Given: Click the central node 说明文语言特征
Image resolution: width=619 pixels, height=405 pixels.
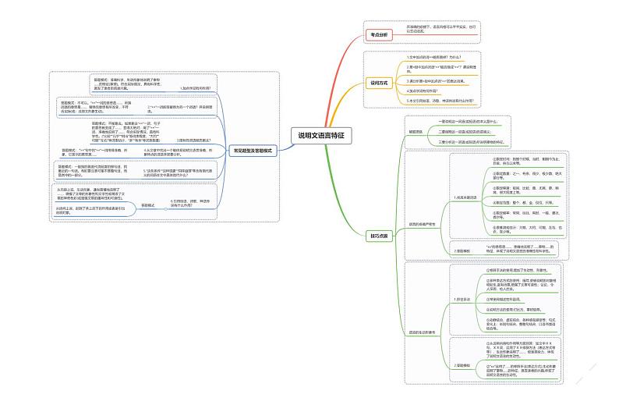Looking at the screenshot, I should click(320, 135).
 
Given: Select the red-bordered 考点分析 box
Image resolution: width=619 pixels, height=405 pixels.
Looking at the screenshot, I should click(378, 34).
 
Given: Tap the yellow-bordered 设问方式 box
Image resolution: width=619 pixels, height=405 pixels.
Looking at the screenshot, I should click(379, 82).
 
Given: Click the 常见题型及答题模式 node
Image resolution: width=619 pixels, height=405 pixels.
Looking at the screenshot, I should click(252, 150).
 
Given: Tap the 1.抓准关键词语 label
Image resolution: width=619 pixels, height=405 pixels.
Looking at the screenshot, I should click(469, 198).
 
